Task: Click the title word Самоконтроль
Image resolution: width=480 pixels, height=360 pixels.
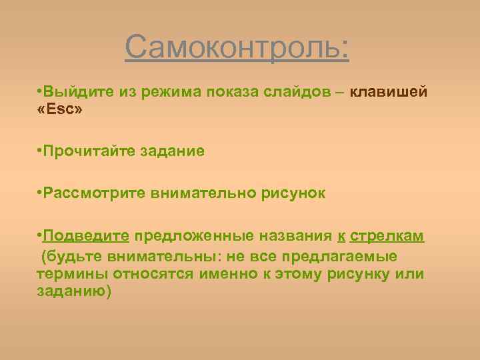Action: click(x=237, y=48)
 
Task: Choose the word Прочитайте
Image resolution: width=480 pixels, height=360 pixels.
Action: click(x=89, y=151)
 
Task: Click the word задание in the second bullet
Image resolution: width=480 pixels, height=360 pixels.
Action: click(x=172, y=151)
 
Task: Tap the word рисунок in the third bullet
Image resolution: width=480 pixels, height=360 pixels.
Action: click(x=294, y=193)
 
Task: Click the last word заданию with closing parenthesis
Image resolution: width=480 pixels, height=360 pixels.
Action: click(x=75, y=291)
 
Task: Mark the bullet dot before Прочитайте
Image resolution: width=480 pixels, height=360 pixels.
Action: click(x=40, y=151)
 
